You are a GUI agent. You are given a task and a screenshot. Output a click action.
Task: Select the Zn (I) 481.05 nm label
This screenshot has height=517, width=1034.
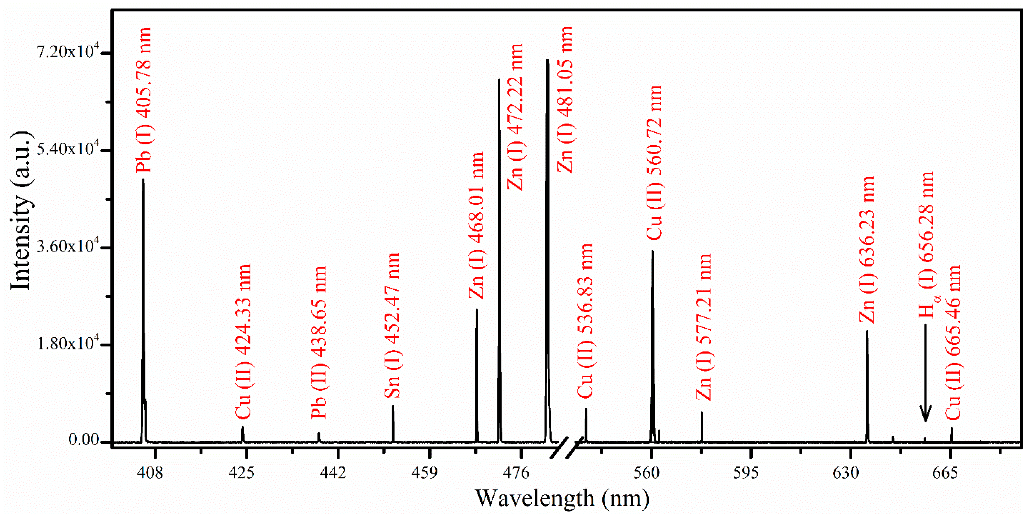tap(565, 100)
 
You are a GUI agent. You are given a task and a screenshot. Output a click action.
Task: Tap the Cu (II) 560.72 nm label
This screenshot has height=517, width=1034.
tap(654, 163)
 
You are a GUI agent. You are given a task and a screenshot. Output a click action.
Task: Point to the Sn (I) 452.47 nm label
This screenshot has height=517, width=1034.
tap(392, 325)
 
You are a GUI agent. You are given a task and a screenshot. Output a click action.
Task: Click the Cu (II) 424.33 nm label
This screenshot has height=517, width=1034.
tap(243, 341)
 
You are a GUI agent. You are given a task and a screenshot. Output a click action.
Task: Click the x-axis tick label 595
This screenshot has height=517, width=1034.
tap(746, 473)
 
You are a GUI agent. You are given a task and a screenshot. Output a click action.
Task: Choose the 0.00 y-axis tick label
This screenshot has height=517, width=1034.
tap(84, 440)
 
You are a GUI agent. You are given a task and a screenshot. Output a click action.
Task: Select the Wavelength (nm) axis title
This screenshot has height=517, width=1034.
tap(562, 498)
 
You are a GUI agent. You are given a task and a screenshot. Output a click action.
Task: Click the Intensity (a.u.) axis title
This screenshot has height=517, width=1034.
tap(21, 211)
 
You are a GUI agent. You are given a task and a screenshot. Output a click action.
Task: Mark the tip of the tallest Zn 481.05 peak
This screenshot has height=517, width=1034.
tap(547, 60)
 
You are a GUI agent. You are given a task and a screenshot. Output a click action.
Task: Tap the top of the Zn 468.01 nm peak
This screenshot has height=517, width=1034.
tap(477, 310)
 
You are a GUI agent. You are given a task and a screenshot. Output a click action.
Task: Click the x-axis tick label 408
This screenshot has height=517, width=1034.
tap(150, 473)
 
